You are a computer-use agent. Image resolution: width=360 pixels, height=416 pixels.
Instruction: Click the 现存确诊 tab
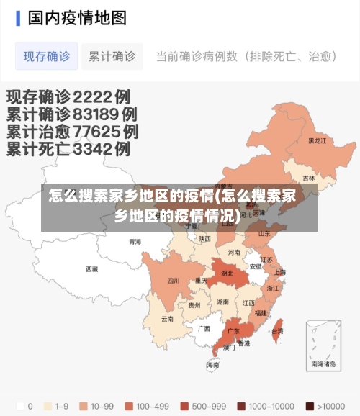(x=47, y=56)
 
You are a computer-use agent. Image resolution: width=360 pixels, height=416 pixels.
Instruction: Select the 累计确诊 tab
(x=112, y=56)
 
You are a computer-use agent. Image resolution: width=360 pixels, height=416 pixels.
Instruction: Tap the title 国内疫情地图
(x=77, y=17)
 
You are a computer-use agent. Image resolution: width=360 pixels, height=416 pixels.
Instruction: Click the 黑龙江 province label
(x=317, y=141)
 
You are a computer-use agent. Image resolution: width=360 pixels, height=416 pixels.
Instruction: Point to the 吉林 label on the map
(x=308, y=178)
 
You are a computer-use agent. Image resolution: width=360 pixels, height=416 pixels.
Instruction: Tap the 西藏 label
(x=91, y=269)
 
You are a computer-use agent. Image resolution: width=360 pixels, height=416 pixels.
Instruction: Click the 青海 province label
(x=135, y=242)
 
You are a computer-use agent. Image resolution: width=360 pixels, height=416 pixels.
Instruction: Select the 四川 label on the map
(x=174, y=281)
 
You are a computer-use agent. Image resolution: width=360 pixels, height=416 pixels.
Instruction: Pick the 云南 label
(x=167, y=318)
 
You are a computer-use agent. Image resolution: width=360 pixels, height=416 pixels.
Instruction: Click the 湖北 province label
(x=228, y=273)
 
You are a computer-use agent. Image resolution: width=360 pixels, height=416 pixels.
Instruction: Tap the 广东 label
(x=233, y=332)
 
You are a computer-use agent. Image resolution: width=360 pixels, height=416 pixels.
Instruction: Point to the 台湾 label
(x=277, y=331)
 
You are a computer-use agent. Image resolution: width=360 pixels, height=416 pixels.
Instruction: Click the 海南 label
(x=213, y=365)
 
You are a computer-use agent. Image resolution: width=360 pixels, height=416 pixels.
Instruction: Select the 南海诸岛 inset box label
(x=323, y=365)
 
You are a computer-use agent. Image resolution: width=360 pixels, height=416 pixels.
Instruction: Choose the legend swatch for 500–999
(x=184, y=405)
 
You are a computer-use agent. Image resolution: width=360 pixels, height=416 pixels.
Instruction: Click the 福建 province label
(x=261, y=313)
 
